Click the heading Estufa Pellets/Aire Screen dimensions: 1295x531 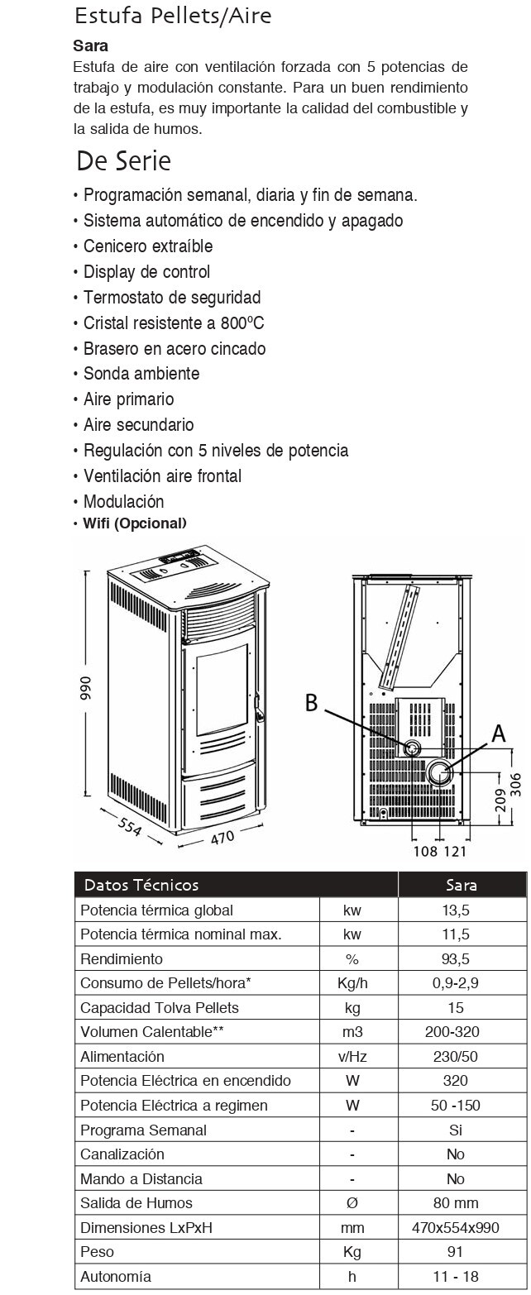[172, 16]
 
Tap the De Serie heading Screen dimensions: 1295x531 [123, 160]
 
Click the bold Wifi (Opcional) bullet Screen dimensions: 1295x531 [135, 523]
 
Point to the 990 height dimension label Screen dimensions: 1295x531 [85, 686]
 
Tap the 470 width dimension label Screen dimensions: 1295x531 [221, 836]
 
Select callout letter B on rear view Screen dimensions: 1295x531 [311, 703]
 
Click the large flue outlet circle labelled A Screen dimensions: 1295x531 [438, 773]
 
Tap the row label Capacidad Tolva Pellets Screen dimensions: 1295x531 [160, 1008]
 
